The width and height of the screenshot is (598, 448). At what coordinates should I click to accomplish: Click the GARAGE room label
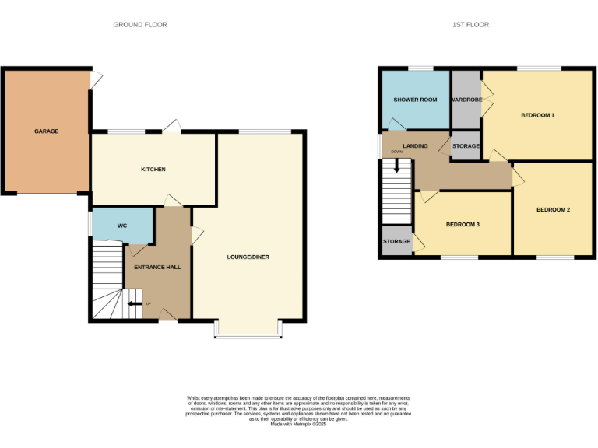pyautogui.click(x=46, y=131)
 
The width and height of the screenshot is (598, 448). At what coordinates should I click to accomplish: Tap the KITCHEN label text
pyautogui.click(x=153, y=170)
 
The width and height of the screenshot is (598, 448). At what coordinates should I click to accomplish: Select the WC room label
pyautogui.click(x=121, y=226)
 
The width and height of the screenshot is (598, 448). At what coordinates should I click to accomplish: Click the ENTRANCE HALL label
pyautogui.click(x=157, y=267)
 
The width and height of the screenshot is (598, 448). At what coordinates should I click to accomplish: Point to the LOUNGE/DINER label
pyautogui.click(x=248, y=257)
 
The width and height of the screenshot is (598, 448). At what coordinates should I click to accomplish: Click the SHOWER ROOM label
pyautogui.click(x=415, y=100)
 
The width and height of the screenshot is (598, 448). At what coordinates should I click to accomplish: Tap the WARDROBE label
pyautogui.click(x=466, y=100)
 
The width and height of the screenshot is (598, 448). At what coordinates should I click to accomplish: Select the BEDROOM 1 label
pyautogui.click(x=537, y=116)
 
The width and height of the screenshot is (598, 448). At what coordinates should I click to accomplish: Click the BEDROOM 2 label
pyautogui.click(x=553, y=210)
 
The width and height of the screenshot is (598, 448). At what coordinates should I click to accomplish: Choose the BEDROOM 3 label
pyautogui.click(x=463, y=225)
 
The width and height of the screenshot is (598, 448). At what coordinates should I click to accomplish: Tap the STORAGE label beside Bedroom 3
pyautogui.click(x=396, y=242)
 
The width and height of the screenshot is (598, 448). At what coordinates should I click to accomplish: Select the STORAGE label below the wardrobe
pyautogui.click(x=466, y=146)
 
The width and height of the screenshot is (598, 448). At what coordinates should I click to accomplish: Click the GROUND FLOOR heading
pyautogui.click(x=140, y=25)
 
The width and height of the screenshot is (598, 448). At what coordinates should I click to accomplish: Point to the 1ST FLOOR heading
pyautogui.click(x=470, y=25)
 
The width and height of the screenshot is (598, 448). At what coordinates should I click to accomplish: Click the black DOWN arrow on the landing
pyautogui.click(x=397, y=165)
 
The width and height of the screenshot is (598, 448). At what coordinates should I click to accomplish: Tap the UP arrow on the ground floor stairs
pyautogui.click(x=133, y=303)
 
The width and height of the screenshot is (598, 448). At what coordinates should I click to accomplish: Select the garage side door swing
pyautogui.click(x=96, y=79)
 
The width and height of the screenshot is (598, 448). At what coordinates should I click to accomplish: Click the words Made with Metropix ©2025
pyautogui.click(x=298, y=424)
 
